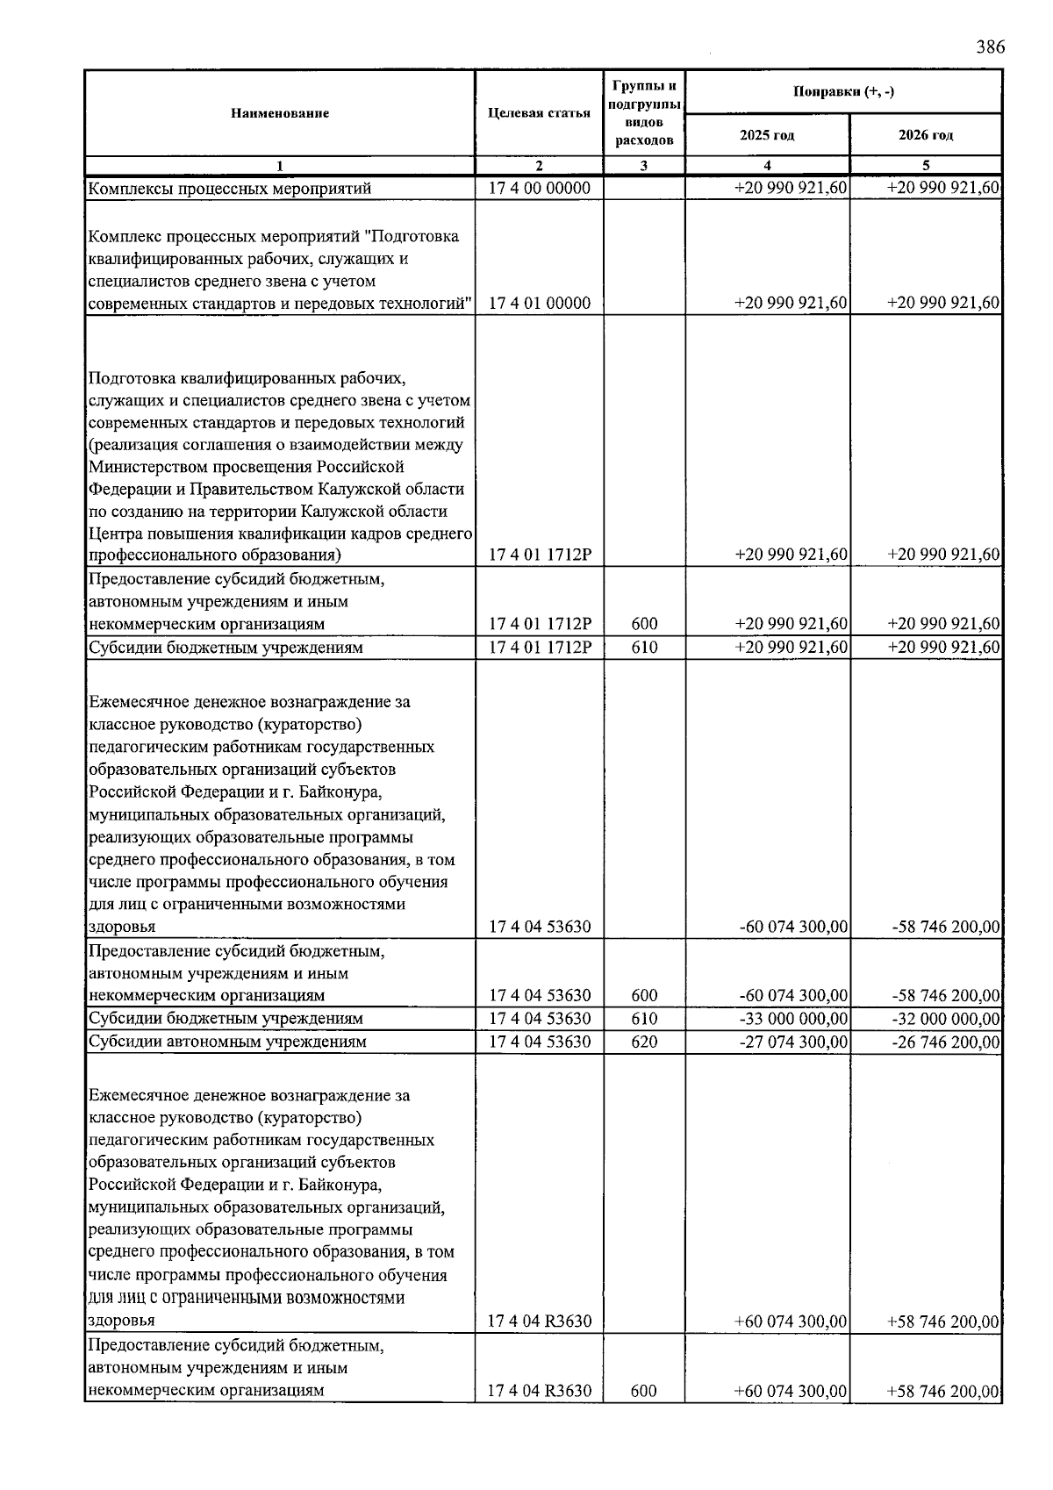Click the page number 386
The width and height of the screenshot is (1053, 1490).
click(989, 47)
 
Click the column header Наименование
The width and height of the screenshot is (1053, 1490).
click(280, 113)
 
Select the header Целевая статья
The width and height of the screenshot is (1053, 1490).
click(539, 113)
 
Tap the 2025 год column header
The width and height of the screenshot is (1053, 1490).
click(767, 135)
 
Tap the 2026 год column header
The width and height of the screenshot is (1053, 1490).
click(926, 135)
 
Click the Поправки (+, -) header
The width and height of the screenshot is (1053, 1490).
click(843, 92)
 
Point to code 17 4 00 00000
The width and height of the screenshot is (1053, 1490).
click(539, 188)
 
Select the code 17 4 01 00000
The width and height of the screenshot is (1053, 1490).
click(539, 304)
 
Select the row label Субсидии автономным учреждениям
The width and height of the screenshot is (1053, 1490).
click(227, 1042)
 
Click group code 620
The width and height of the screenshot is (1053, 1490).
click(644, 1042)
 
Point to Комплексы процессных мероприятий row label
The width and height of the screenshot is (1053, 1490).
click(230, 188)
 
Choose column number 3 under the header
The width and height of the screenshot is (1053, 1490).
click(644, 165)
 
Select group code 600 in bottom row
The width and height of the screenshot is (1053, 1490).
click(644, 1391)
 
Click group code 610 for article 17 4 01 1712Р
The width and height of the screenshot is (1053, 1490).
click(644, 648)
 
